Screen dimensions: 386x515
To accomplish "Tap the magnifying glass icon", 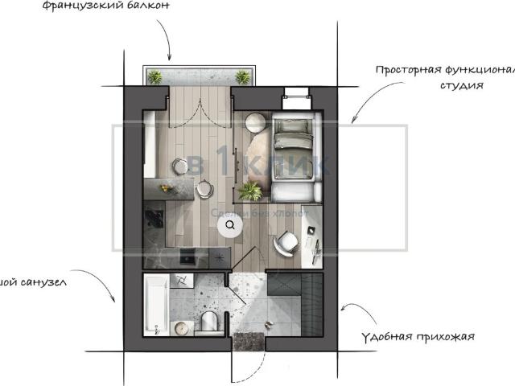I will click(x=231, y=226).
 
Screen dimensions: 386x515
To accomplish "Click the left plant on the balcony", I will click(x=154, y=76).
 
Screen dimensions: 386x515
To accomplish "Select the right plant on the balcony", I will click(x=241, y=76).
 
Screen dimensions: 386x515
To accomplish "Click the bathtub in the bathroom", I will click(x=156, y=305).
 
